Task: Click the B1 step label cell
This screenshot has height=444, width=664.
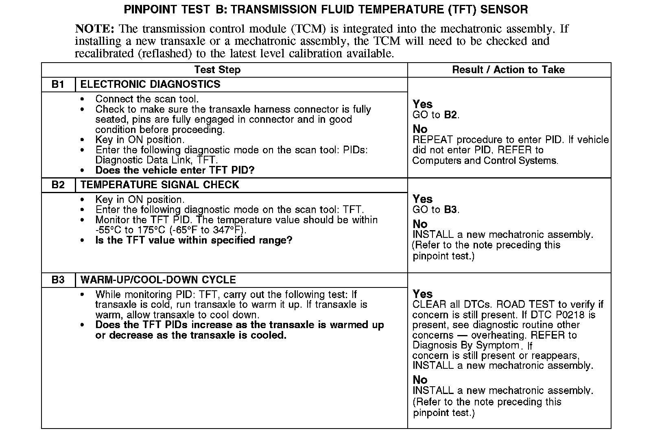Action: (x=58, y=85)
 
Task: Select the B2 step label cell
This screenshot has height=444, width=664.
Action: (x=58, y=185)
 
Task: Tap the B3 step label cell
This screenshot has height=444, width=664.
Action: (x=58, y=280)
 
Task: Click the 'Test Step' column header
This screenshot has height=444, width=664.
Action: (x=217, y=70)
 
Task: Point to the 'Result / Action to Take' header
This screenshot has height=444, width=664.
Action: (x=508, y=70)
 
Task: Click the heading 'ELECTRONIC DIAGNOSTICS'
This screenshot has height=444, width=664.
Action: (x=150, y=85)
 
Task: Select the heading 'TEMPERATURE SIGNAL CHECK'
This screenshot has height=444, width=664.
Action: (x=159, y=185)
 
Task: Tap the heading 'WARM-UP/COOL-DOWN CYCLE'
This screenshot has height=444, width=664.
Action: (x=158, y=280)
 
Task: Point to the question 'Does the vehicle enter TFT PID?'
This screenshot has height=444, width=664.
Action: (x=175, y=170)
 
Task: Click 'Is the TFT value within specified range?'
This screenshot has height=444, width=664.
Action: (x=194, y=240)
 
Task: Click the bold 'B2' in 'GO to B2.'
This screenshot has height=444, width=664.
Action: (x=450, y=115)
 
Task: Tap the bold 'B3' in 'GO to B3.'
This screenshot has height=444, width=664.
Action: (x=450, y=210)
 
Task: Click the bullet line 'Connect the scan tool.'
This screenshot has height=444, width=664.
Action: (x=147, y=99)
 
